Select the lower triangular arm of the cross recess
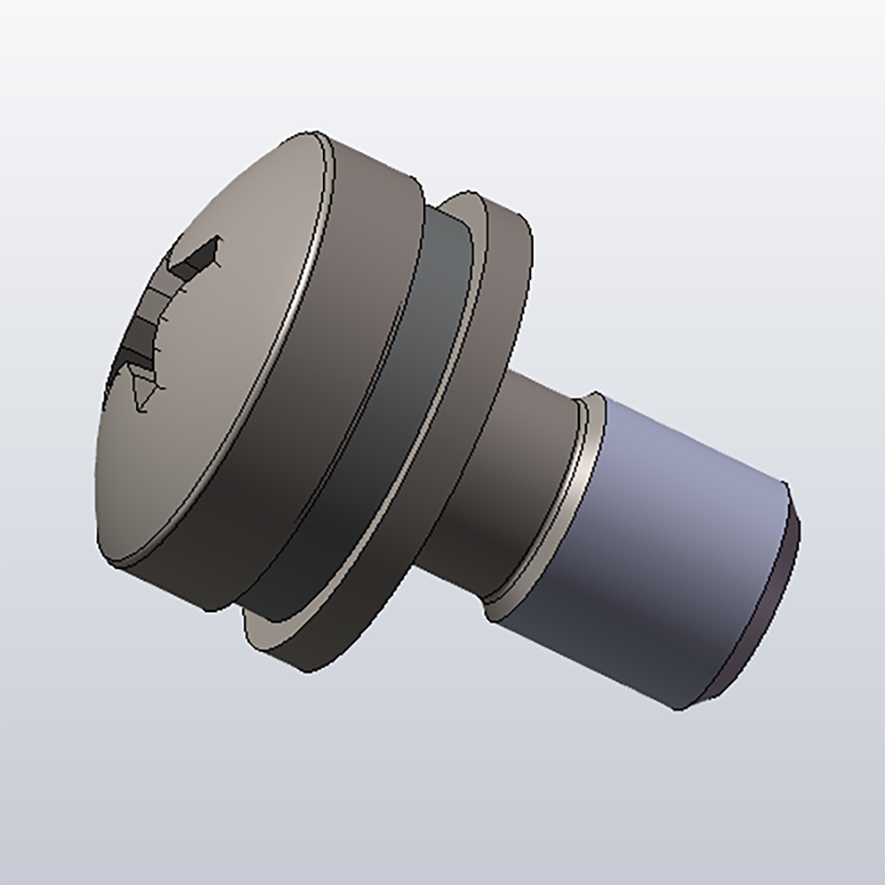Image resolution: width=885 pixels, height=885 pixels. coord(142,389)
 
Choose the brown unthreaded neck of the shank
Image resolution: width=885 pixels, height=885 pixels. coord(522,460)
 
